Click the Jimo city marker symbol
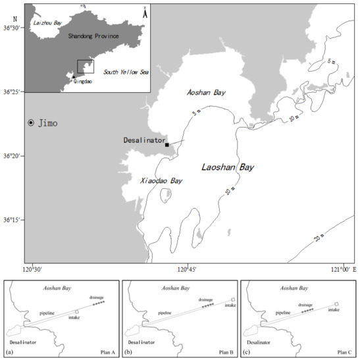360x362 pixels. click(31, 123)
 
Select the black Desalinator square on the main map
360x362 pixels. click(167, 145)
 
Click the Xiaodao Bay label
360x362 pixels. click(161, 180)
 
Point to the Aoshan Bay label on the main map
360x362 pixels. click(206, 93)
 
